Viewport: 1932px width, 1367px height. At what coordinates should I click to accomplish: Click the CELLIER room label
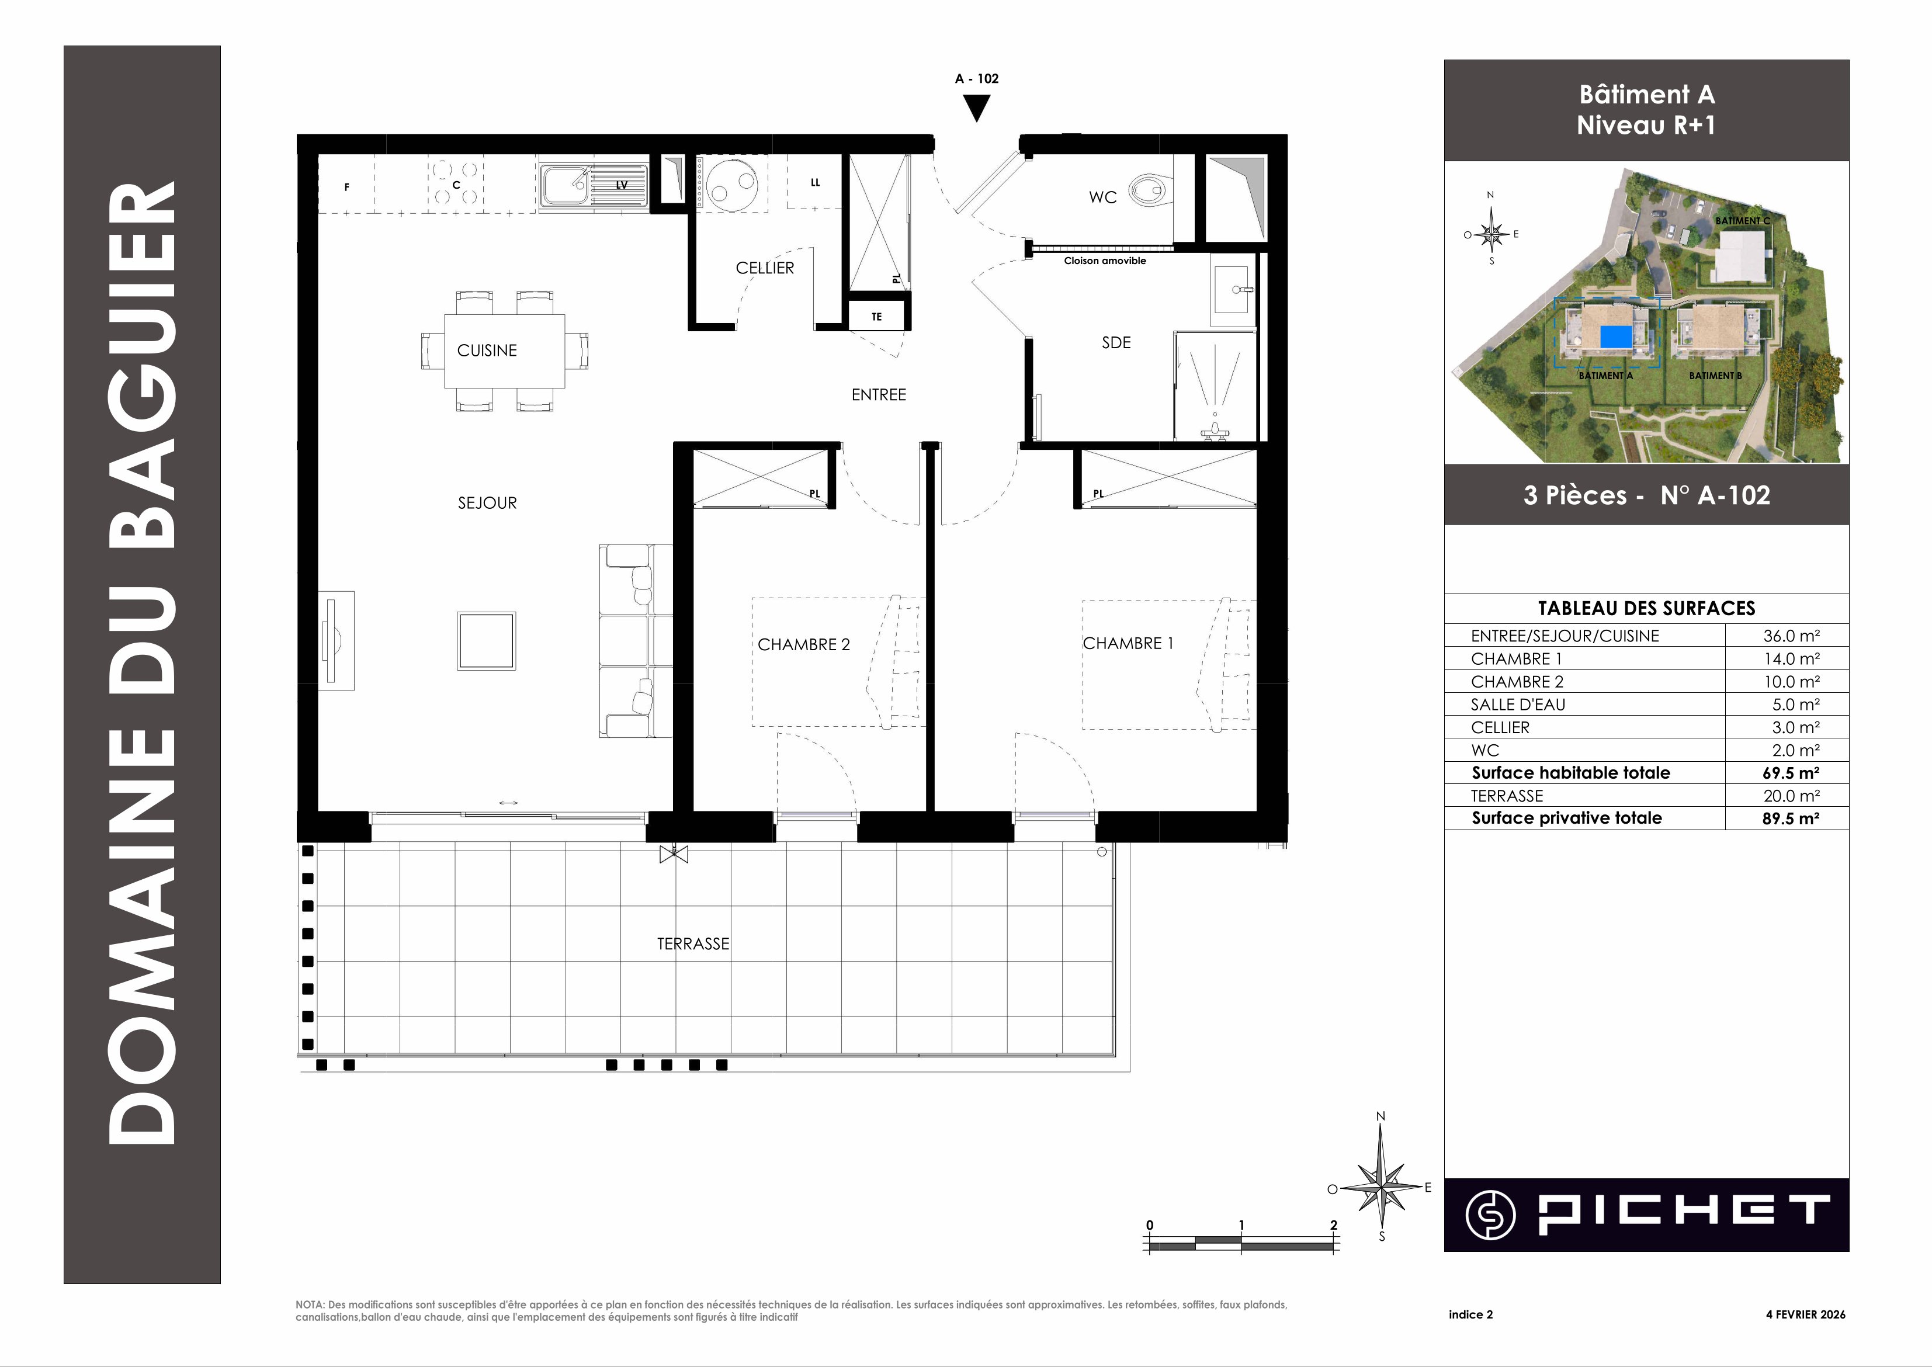click(x=764, y=268)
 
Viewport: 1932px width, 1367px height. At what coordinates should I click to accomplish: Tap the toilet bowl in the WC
click(x=1149, y=190)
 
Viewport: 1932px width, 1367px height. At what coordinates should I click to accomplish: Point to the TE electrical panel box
click(x=876, y=317)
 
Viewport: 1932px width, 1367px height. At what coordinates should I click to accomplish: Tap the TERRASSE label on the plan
click(x=693, y=943)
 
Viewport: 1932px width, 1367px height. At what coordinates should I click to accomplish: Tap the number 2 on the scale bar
click(x=1333, y=1224)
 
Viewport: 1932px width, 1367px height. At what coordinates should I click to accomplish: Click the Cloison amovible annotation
click(x=1105, y=261)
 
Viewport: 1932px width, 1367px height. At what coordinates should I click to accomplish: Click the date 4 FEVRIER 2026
click(x=1806, y=1314)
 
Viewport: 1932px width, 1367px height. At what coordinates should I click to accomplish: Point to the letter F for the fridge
click(x=347, y=187)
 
